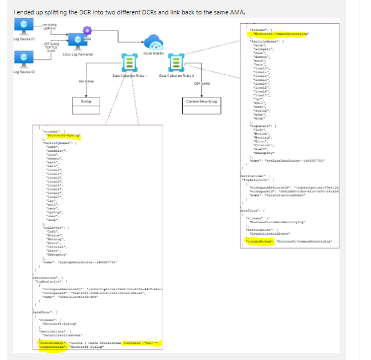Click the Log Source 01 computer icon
(24, 26)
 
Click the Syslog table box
(86, 102)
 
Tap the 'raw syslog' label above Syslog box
(86, 81)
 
